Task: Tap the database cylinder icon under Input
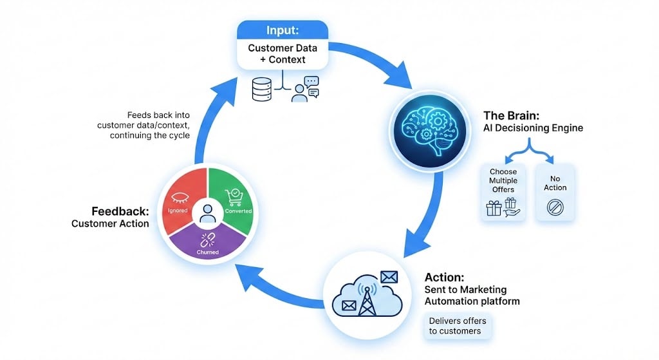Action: [261, 90]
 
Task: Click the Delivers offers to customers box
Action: [458, 326]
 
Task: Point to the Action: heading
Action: [445, 278]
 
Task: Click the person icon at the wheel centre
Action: [207, 213]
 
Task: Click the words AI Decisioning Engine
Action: [533, 128]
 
